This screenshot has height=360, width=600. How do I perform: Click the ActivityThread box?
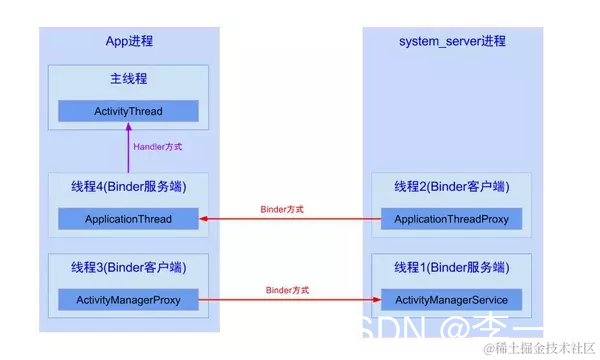127,111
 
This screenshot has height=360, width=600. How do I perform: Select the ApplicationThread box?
127,219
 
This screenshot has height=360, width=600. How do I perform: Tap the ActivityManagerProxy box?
127,299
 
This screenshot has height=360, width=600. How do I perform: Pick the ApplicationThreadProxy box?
452,219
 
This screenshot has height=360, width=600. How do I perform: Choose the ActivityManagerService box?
452,299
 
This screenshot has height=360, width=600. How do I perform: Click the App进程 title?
129,41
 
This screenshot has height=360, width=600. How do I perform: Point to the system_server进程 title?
452,41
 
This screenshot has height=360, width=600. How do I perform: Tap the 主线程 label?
128,78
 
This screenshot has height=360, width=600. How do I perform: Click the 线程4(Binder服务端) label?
128,186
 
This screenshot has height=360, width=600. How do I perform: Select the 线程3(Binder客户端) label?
128,267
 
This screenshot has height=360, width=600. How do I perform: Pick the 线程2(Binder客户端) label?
452,186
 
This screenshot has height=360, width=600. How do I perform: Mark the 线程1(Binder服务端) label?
452,267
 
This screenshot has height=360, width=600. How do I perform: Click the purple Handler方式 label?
158,146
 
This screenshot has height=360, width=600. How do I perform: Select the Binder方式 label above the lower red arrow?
287,290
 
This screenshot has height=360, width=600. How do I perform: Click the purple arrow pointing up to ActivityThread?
128,150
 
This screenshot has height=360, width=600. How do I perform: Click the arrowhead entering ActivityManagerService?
376,299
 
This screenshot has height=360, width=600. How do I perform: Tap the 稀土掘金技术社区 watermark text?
540,347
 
